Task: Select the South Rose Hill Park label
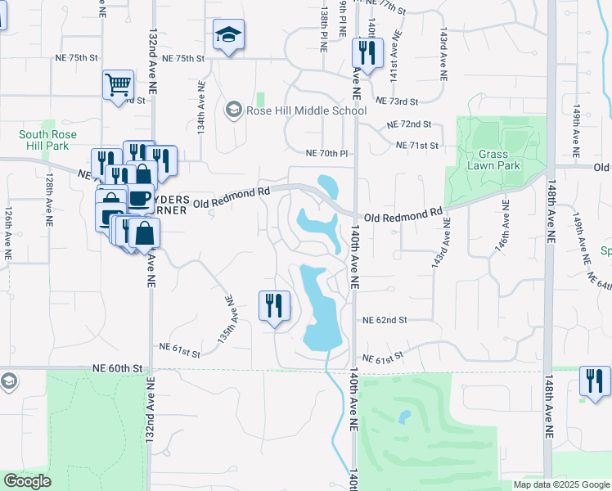pyautogui.click(x=44, y=140)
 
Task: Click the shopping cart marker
pyautogui.click(x=118, y=83)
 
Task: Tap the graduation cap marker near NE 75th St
pyautogui.click(x=227, y=34)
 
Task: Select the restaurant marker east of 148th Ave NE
pyautogui.click(x=595, y=381)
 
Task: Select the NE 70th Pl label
pyautogui.click(x=326, y=153)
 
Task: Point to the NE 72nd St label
pyautogui.click(x=409, y=124)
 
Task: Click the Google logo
pyautogui.click(x=28, y=481)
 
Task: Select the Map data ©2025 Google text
pyautogui.click(x=560, y=484)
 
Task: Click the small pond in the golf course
pyautogui.click(x=403, y=417)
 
